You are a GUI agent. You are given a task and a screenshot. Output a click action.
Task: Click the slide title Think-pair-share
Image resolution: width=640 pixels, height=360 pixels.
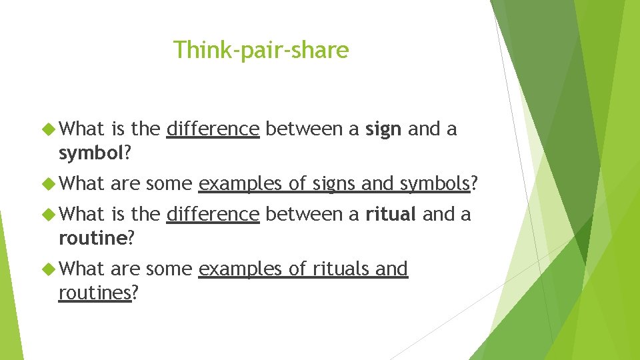pos(261,49)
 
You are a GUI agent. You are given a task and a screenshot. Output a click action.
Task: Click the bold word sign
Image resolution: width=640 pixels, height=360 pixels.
pos(383,129)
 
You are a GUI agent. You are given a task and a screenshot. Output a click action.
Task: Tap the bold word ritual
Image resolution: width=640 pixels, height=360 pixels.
pos(390,214)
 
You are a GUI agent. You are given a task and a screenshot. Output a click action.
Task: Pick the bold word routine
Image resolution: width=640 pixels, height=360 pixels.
pos(92,239)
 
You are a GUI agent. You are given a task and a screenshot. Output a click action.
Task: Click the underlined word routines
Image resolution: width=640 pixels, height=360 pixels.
pos(95,293)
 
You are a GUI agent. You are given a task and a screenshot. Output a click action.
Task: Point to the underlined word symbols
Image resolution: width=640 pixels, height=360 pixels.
pos(435,183)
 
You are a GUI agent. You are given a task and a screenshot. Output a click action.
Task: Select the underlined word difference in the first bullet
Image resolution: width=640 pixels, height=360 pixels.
pos(213,129)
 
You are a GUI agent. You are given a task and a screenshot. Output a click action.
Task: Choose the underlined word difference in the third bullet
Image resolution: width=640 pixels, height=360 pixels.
pos(213,214)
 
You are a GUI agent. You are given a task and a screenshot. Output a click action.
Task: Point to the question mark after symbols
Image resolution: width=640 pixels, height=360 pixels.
pos(475,183)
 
